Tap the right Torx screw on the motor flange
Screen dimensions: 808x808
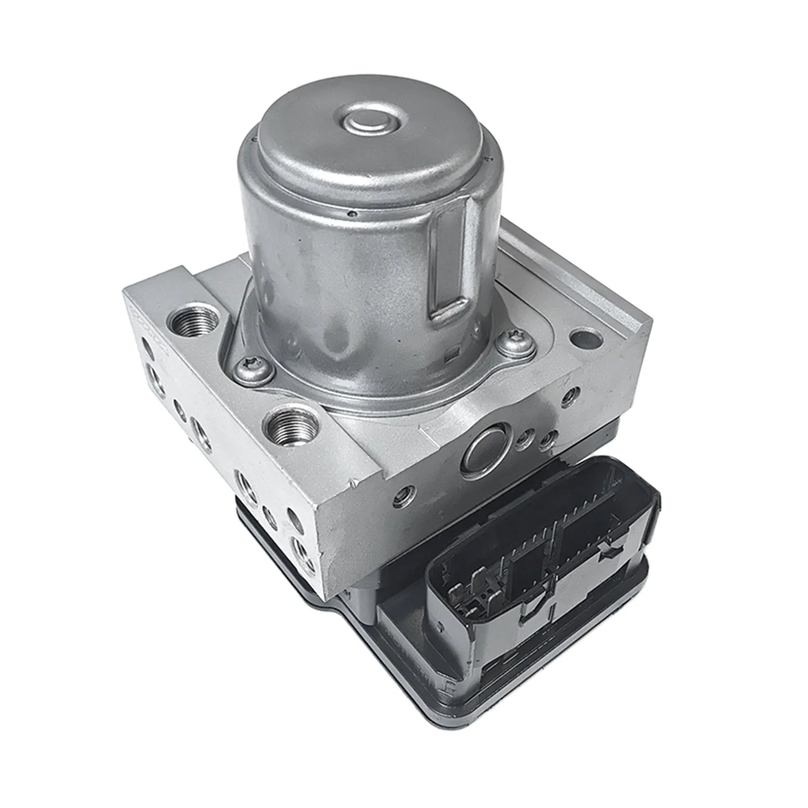point(514,344)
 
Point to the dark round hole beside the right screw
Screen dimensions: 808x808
point(586,339)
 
